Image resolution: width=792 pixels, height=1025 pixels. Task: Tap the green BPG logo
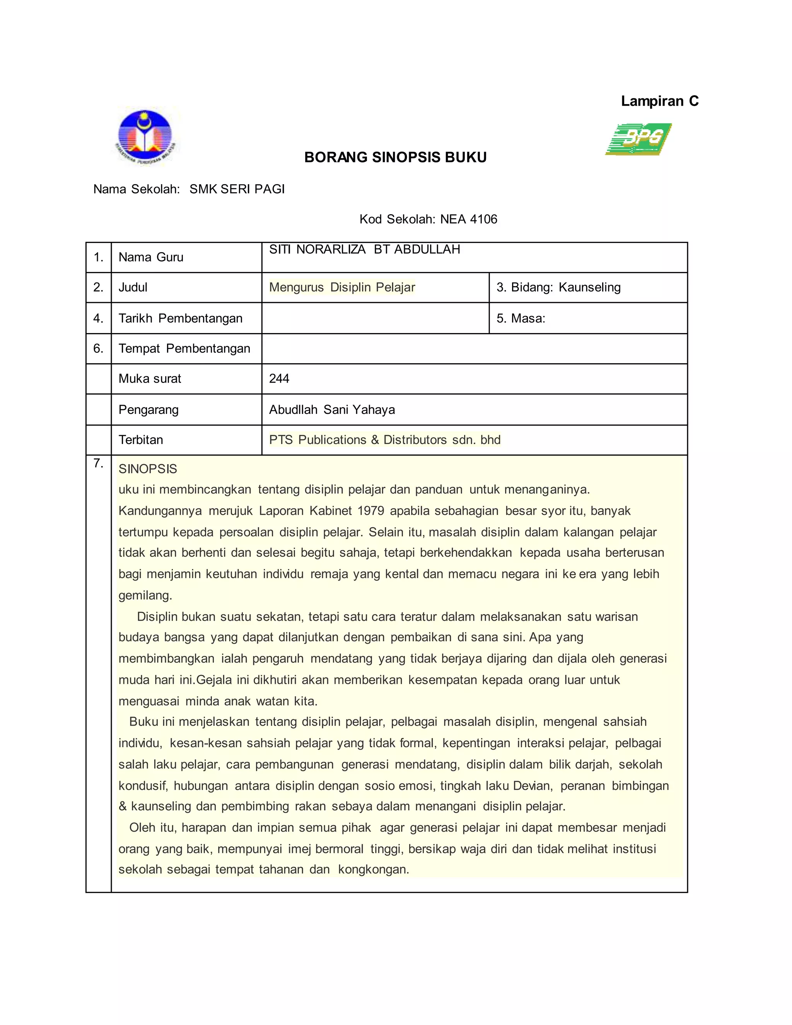(638, 139)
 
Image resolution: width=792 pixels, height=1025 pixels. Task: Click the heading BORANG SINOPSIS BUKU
(395, 157)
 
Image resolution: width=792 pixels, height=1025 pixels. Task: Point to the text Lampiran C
(659, 101)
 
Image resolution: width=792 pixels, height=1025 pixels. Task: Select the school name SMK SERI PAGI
(237, 189)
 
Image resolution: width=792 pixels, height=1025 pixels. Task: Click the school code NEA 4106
(468, 219)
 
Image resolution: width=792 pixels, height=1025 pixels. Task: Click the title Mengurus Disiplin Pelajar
(342, 287)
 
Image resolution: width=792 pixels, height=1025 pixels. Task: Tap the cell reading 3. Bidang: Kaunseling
(558, 287)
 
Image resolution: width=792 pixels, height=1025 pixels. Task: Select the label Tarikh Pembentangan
(180, 318)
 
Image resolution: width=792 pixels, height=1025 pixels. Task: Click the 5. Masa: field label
(521, 318)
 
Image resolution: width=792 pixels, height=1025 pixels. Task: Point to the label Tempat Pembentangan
(184, 348)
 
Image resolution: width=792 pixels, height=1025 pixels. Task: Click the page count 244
(279, 379)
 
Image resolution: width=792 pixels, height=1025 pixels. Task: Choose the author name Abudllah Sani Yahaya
(332, 410)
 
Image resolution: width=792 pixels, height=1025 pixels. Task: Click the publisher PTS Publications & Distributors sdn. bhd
(385, 440)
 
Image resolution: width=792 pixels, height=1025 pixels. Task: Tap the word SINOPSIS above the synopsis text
(148, 469)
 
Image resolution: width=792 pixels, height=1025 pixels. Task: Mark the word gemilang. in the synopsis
(145, 596)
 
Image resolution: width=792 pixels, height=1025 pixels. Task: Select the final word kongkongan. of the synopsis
(374, 869)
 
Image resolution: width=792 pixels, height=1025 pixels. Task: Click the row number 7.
(98, 464)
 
